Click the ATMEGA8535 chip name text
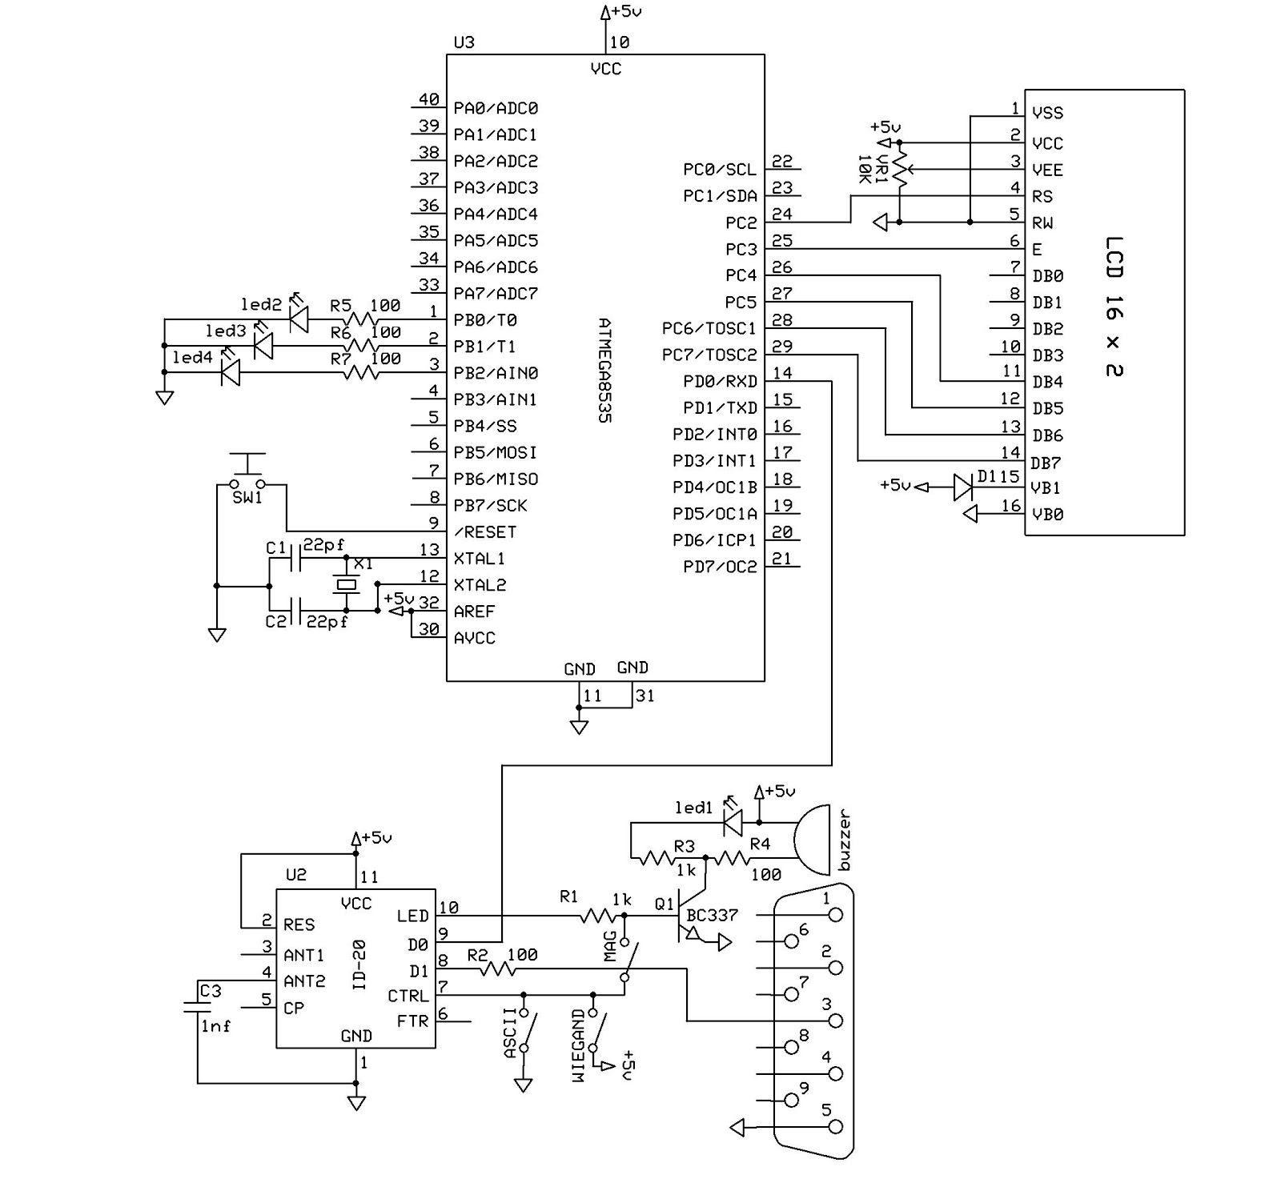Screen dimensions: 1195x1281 (604, 371)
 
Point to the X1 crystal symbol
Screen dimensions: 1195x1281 (346, 585)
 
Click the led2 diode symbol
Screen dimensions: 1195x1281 (299, 319)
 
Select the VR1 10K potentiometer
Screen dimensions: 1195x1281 (900, 170)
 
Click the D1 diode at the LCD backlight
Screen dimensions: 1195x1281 (963, 487)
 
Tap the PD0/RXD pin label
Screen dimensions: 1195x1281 (720, 381)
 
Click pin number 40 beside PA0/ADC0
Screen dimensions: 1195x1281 (429, 99)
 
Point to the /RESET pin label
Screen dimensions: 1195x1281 (485, 532)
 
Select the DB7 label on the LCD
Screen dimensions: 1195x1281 (1046, 463)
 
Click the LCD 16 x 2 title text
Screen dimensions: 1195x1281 (1114, 307)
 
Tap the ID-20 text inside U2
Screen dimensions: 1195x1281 (359, 964)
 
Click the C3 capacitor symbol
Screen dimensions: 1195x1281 (197, 1006)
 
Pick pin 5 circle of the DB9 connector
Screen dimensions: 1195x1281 (836, 1127)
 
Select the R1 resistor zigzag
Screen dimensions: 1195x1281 (599, 916)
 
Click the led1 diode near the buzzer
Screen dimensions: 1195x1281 (732, 821)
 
